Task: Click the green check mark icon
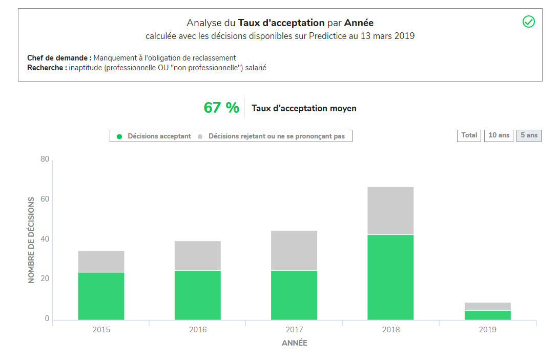click(528, 22)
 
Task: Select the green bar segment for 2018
click(390, 277)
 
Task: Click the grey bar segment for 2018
click(390, 210)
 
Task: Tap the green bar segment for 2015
click(101, 296)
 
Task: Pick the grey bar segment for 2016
click(197, 255)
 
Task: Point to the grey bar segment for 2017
click(294, 250)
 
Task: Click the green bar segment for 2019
click(487, 315)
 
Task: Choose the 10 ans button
click(499, 135)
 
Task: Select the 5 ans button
click(529, 135)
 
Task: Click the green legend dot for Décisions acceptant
click(119, 136)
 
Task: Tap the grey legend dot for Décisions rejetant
click(200, 136)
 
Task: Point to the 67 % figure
click(221, 108)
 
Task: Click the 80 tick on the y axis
click(45, 159)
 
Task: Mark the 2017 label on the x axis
click(294, 330)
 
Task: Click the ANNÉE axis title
click(295, 343)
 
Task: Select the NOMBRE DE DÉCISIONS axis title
click(31, 240)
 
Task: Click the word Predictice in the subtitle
click(327, 36)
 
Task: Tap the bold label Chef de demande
click(57, 58)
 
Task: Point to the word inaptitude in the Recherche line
click(86, 68)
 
